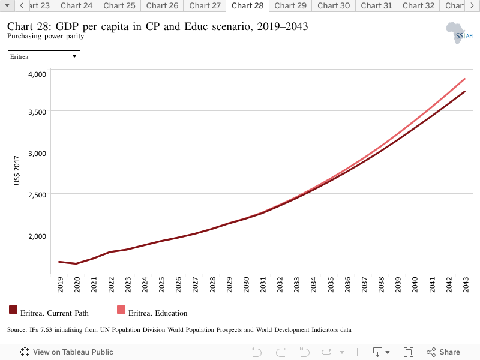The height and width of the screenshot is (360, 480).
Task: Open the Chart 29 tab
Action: (x=290, y=6)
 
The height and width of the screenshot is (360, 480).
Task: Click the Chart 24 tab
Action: (x=77, y=6)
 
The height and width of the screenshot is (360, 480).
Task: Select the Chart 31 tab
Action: (x=376, y=6)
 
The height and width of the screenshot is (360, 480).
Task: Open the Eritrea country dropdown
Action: (x=44, y=56)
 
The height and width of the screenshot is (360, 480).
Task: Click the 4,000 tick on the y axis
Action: (x=37, y=74)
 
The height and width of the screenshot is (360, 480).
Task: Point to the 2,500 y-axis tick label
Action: (x=37, y=195)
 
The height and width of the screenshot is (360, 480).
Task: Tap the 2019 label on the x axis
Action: (x=61, y=284)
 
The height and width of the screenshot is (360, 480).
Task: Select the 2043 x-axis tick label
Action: (x=466, y=284)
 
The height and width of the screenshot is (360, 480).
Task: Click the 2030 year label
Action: (x=246, y=284)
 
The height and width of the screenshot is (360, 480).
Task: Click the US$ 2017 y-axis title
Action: (x=17, y=170)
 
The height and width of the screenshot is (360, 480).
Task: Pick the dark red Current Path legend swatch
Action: (x=13, y=310)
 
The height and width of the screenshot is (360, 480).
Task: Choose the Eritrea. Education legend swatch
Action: (x=121, y=310)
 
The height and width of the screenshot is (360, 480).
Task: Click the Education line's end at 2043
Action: (x=464, y=79)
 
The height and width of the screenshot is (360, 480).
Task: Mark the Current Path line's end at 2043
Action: (x=464, y=92)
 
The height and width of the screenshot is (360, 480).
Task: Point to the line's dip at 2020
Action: (x=76, y=263)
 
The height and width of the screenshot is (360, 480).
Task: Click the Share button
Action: (x=443, y=352)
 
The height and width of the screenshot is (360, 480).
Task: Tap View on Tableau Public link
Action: (x=67, y=352)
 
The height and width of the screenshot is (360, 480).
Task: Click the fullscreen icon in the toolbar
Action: (x=409, y=352)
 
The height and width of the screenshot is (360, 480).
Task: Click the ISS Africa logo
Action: (x=459, y=33)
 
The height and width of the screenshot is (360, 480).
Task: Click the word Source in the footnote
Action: (x=16, y=329)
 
